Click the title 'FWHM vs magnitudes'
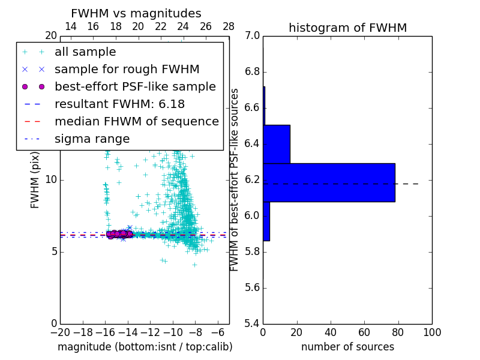pyautogui.click(x=136, y=13)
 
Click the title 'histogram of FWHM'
pyautogui.click(x=347, y=28)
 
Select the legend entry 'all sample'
pyautogui.click(x=85, y=52)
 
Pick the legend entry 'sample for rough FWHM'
pyautogui.click(x=127, y=69)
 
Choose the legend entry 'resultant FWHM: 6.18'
pyautogui.click(x=119, y=104)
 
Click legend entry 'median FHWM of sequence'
pyautogui.click(x=136, y=121)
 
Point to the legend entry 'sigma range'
pyautogui.click(x=92, y=139)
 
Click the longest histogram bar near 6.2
pyautogui.click(x=329, y=182)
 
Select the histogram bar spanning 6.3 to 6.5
pyautogui.click(x=277, y=144)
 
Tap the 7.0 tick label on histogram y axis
pyautogui.click(x=252, y=36)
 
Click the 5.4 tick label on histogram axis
pyautogui.click(x=252, y=323)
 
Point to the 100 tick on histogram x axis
pyautogui.click(x=431, y=332)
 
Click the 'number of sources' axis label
pyautogui.click(x=347, y=347)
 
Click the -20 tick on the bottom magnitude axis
pyautogui.click(x=60, y=332)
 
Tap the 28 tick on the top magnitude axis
pyautogui.click(x=229, y=26)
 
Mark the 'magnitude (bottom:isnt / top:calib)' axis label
pyautogui.click(x=145, y=347)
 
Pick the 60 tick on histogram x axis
pyautogui.click(x=364, y=332)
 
